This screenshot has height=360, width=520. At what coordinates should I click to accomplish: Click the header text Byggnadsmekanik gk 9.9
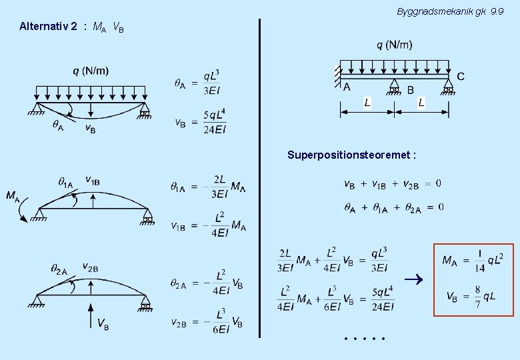pos(455,12)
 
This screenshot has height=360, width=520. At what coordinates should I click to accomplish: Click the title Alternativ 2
pos(48,27)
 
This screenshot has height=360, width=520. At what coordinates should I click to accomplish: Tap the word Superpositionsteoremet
pos(351,155)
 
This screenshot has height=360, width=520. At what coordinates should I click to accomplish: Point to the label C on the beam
pos(461,76)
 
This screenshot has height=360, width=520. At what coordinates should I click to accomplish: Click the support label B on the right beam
pos(410,89)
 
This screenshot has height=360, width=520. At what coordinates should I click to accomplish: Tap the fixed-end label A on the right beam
pos(347,87)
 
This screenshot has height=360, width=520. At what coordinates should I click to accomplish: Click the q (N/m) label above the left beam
pos(92,71)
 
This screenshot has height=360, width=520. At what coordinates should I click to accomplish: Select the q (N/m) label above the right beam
pos(395,45)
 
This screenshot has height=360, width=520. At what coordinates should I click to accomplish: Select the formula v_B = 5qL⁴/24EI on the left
pos(200,122)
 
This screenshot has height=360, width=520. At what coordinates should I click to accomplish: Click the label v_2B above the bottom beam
pos(91,267)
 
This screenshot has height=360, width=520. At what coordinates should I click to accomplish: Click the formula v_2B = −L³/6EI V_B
pos(207,322)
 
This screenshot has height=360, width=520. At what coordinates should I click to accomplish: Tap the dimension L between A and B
pos(367,102)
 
